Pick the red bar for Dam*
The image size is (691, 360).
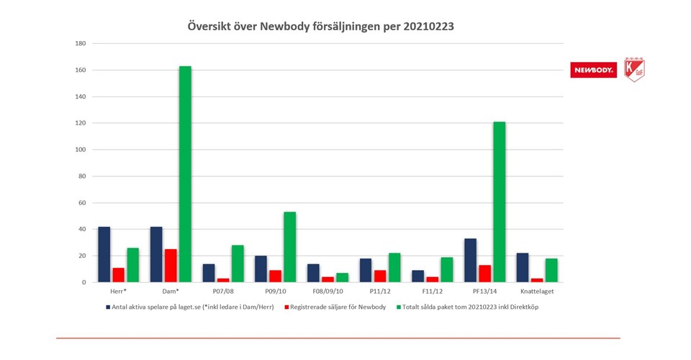pyautogui.click(x=171, y=266)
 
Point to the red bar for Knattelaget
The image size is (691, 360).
pyautogui.click(x=537, y=280)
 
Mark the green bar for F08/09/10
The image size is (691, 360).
pyautogui.click(x=342, y=278)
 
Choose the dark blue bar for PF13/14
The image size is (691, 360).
pyautogui.click(x=470, y=261)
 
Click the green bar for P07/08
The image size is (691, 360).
pyautogui.click(x=238, y=264)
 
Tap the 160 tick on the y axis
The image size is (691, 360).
pyautogui.click(x=81, y=71)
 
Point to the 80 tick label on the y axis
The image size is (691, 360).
pyautogui.click(x=82, y=176)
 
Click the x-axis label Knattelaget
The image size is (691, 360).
pyautogui.click(x=537, y=292)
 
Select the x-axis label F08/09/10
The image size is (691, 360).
pyautogui.click(x=328, y=292)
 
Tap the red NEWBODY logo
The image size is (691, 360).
pyautogui.click(x=593, y=70)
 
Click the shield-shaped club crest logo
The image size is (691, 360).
pyautogui.click(x=634, y=69)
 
